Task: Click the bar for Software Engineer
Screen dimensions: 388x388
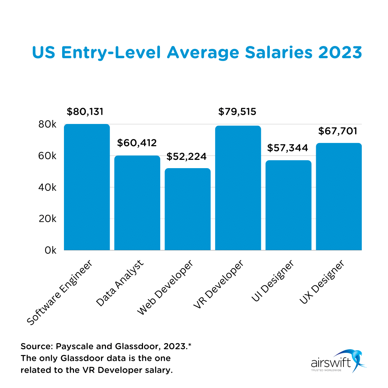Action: pyautogui.click(x=87, y=187)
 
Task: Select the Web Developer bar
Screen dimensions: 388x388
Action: pyautogui.click(x=188, y=209)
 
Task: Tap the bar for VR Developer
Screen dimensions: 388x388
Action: pyautogui.click(x=238, y=188)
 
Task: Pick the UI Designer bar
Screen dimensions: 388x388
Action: pyautogui.click(x=288, y=205)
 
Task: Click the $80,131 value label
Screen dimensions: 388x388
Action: pyautogui.click(x=85, y=111)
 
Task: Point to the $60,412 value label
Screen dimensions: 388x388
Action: pyautogui.click(x=137, y=143)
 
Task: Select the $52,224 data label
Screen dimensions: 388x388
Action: pyautogui.click(x=186, y=157)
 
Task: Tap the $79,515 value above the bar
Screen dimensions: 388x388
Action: pyautogui.click(x=237, y=112)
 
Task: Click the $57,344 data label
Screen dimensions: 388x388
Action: pyautogui.click(x=288, y=148)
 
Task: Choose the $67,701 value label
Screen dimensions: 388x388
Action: pyautogui.click(x=338, y=131)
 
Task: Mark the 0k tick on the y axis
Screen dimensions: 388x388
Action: pyautogui.click(x=50, y=250)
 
